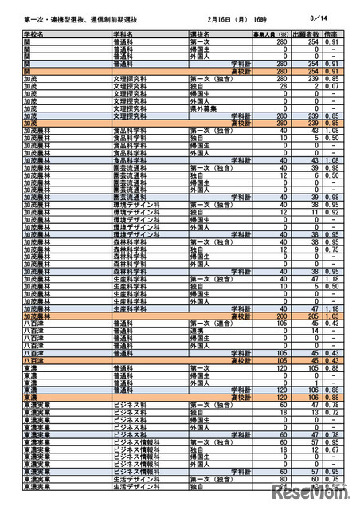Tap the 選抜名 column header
tap(200, 36)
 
